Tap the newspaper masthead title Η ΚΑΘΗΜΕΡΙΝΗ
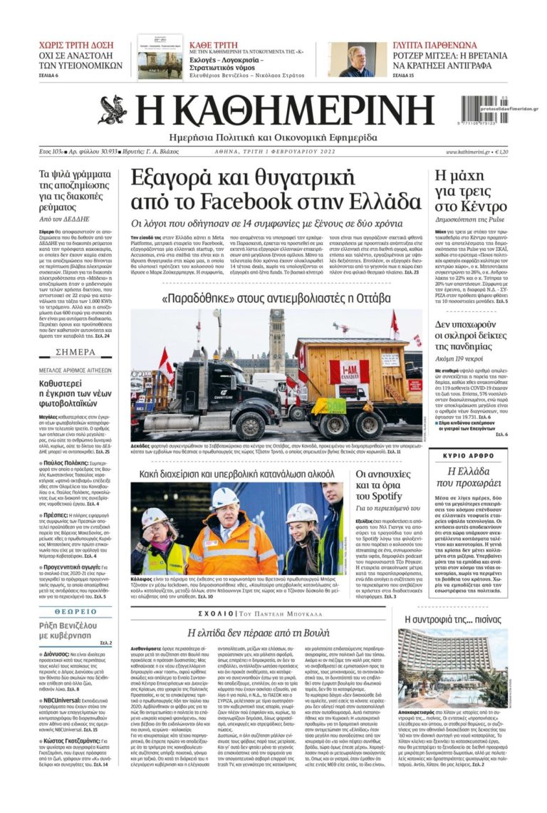point(284,110)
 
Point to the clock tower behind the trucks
point(276,338)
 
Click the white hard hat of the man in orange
point(225,499)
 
